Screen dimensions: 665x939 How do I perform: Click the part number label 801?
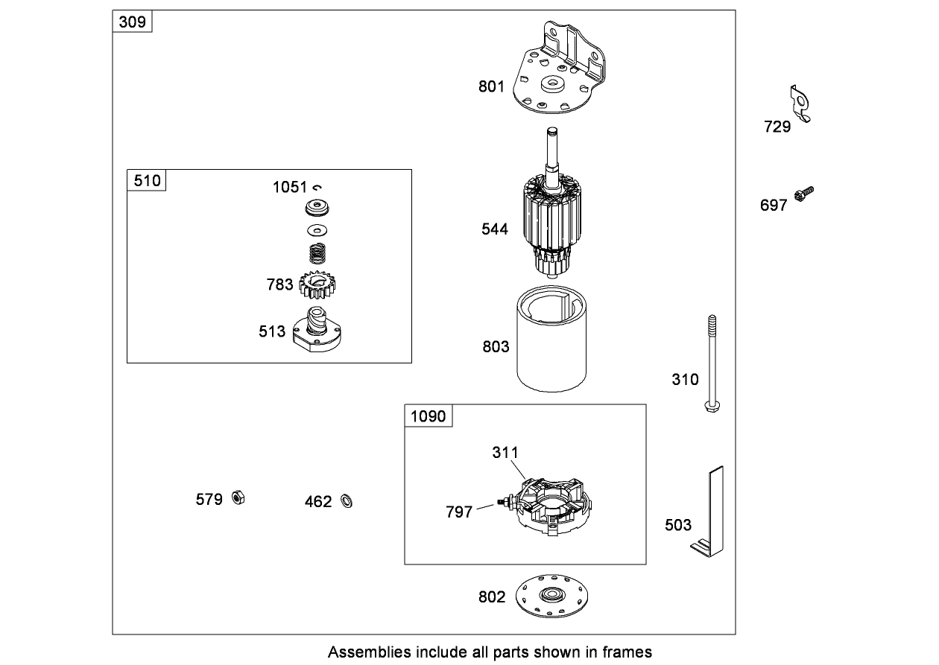click(491, 86)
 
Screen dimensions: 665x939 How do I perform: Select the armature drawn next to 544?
click(553, 223)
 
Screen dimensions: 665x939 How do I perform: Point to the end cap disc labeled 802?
click(552, 596)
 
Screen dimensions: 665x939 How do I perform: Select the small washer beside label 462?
click(346, 500)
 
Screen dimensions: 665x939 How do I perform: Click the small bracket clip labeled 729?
click(800, 104)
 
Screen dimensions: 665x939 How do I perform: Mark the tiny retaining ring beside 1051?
click(317, 187)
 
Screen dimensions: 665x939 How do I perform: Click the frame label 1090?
click(429, 416)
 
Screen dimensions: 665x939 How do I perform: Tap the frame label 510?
click(147, 181)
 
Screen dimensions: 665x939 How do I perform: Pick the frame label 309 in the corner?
click(133, 22)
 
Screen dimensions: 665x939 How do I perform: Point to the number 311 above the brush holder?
click(505, 452)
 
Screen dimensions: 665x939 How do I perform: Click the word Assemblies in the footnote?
click(368, 652)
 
